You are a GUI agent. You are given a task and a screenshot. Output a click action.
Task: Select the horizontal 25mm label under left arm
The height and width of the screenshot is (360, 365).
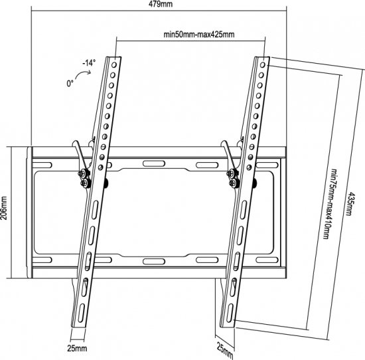point(77,347)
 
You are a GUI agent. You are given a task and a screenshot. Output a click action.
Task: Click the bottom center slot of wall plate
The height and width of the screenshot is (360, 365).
point(153,260)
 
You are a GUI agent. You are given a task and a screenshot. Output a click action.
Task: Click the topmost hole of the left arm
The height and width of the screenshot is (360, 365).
point(117,64)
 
